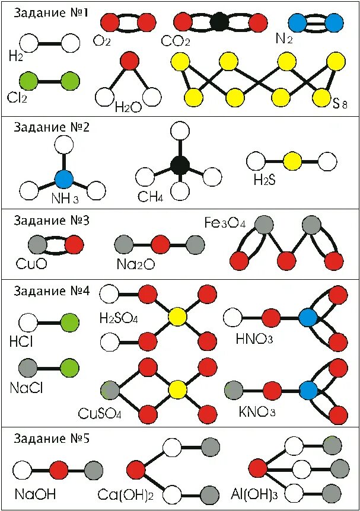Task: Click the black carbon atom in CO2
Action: [219, 23]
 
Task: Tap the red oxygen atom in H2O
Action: [129, 60]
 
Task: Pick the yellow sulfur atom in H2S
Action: [292, 161]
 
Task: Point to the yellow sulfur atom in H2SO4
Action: [176, 318]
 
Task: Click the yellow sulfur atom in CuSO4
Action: [176, 389]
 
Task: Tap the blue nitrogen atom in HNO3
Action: [308, 317]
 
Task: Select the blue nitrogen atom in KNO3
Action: [308, 389]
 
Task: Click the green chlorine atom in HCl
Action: [69, 322]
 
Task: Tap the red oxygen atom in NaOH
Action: [58, 471]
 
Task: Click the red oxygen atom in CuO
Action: [74, 244]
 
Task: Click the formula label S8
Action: [339, 105]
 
